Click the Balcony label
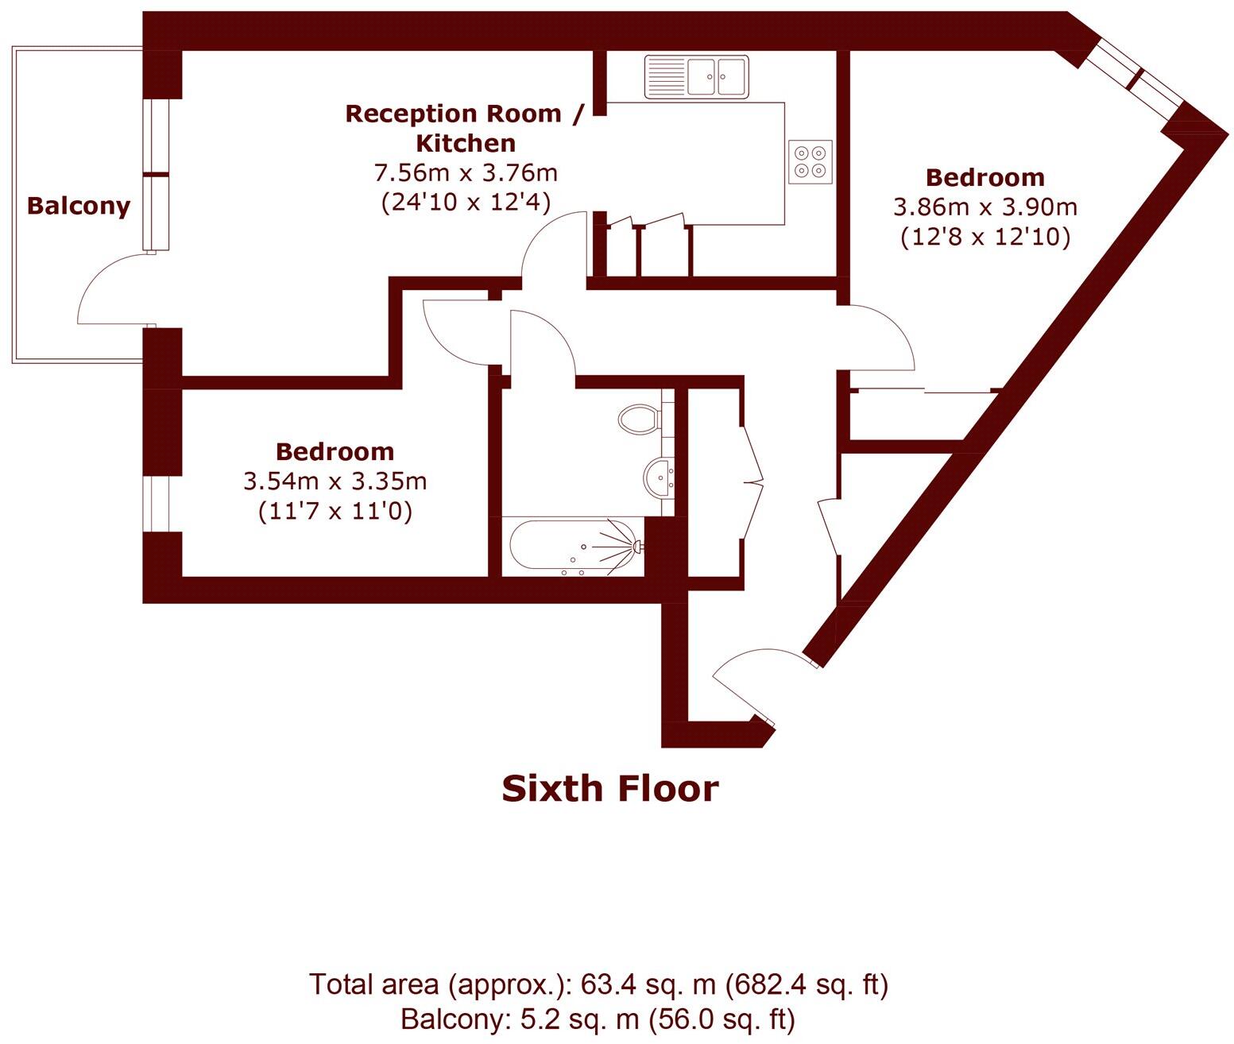pyautogui.click(x=78, y=206)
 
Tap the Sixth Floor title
pyautogui.click(x=609, y=788)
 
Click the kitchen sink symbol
pyautogui.click(x=696, y=76)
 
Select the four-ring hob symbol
pyautogui.click(x=810, y=162)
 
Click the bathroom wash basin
pyautogui.click(x=659, y=477)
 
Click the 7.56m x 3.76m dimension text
pyautogui.click(x=466, y=172)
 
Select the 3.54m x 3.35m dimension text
pyautogui.click(x=335, y=481)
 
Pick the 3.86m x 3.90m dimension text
pyautogui.click(x=985, y=207)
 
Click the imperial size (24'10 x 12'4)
pyautogui.click(x=466, y=202)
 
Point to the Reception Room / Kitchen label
pyautogui.click(x=466, y=128)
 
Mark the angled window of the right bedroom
pyautogui.click(x=1135, y=79)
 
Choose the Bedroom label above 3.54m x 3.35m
pyautogui.click(x=335, y=451)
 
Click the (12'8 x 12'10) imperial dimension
pyautogui.click(x=985, y=237)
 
